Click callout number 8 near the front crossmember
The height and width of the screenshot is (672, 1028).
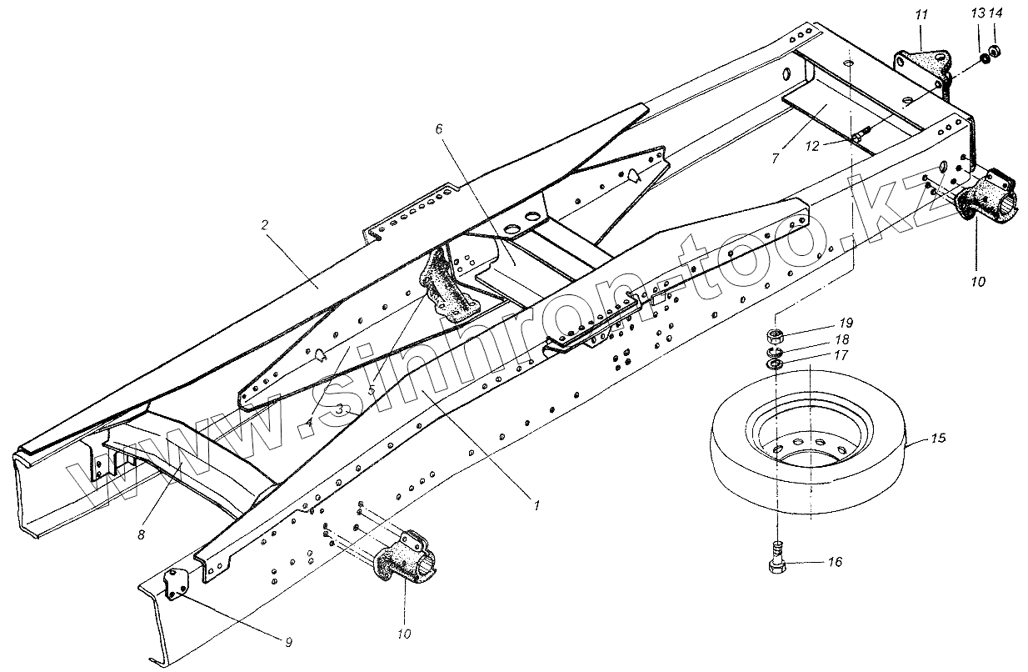tap(140, 534)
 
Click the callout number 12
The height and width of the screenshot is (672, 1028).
tap(812, 144)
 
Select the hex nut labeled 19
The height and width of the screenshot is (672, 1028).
tap(773, 337)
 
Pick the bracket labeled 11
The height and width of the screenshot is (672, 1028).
tap(921, 66)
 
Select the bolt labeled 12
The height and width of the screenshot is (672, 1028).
tap(862, 133)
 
